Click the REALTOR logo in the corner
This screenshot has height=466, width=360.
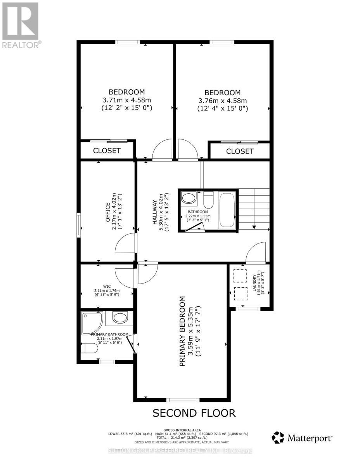pyautogui.click(x=20, y=24)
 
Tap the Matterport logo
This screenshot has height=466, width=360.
pyautogui.click(x=302, y=438)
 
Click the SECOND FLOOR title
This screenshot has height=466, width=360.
pyautogui.click(x=194, y=413)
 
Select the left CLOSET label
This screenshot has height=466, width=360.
pyautogui.click(x=107, y=151)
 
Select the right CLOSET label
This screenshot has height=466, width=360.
pyautogui.click(x=239, y=151)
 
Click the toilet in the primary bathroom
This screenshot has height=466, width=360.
pyautogui.click(x=88, y=348)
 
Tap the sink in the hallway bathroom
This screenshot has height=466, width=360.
pyautogui.click(x=189, y=199)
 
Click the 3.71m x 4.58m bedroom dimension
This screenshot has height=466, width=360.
pyautogui.click(x=126, y=100)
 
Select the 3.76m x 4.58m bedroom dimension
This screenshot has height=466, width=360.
pyautogui.click(x=222, y=101)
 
